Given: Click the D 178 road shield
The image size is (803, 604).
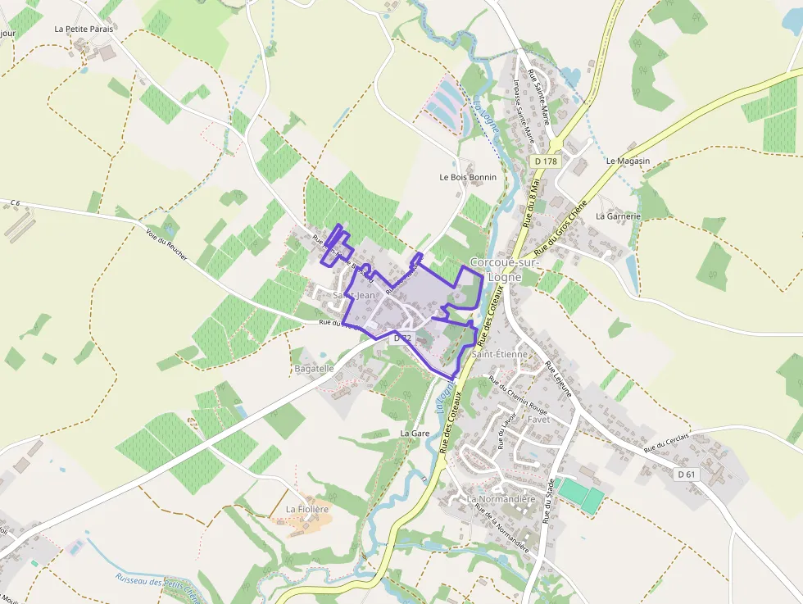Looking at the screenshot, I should click(x=545, y=161).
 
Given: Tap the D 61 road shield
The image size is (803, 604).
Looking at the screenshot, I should click(x=687, y=475).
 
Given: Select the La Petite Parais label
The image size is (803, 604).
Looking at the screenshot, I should click(x=84, y=28).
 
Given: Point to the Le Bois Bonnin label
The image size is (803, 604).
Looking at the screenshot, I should click(x=468, y=177).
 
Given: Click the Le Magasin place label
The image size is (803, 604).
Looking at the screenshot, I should click(x=628, y=161).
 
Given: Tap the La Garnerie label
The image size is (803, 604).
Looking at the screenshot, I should click(x=618, y=216).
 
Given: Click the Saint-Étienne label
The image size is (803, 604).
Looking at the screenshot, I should click(x=499, y=354).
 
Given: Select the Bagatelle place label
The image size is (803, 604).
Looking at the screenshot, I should click(x=314, y=369).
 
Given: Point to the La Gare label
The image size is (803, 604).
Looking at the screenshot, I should click(x=415, y=432).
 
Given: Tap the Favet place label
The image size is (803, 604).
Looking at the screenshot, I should click(x=538, y=419).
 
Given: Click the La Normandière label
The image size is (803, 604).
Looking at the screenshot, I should click(x=501, y=499).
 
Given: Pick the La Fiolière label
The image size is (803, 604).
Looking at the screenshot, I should click(x=306, y=509).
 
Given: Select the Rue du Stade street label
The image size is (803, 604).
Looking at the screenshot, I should click(x=550, y=500).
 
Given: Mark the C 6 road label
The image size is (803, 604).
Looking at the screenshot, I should click(x=15, y=202).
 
